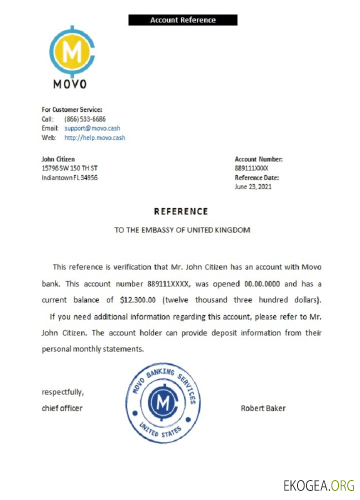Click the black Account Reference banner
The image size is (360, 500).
182,20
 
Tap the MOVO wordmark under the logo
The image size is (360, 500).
70,84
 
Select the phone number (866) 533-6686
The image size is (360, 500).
85,119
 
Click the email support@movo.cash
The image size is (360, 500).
92,128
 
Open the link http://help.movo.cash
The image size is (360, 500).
94,137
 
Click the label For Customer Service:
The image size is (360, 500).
71,109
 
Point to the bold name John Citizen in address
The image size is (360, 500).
58,159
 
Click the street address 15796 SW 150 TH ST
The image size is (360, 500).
69,168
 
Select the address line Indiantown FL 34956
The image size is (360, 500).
69,177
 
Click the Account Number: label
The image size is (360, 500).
258,159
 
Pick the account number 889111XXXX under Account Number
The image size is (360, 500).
251,168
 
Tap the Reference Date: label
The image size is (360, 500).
257,177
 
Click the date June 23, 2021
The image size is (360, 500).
253,186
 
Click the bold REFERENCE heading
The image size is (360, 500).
181,211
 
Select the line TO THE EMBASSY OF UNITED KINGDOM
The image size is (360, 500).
182,230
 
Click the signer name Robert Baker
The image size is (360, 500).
263,408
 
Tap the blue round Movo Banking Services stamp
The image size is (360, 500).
163,404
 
